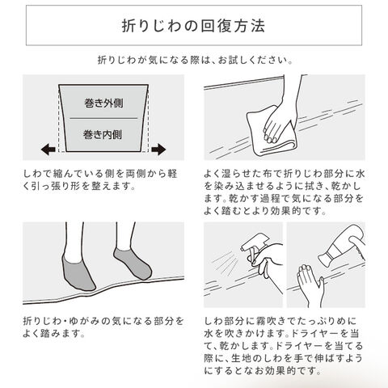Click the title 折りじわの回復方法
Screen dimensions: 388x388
point(193,26)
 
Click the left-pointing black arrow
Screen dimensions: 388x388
point(48,150)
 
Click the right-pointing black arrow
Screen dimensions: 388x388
point(158,150)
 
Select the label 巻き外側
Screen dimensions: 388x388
point(103,103)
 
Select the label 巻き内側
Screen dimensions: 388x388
point(103,134)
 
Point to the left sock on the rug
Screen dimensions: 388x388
point(78,272)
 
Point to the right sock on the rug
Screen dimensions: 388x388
point(133,264)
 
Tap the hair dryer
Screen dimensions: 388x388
point(343,245)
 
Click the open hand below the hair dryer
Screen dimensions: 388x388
point(310,285)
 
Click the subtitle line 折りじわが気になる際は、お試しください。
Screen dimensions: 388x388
point(195,60)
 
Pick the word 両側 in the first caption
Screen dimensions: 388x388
point(127,174)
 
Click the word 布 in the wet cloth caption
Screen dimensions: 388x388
point(266,174)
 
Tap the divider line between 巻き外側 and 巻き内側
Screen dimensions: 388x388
point(103,118)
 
